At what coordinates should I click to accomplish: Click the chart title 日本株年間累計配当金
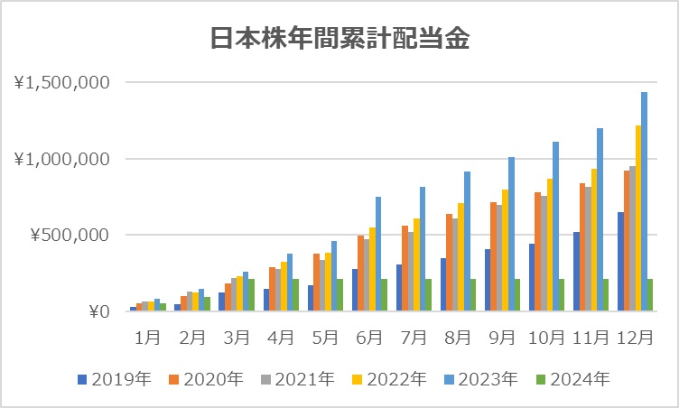(339, 39)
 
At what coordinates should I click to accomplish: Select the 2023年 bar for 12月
(644, 201)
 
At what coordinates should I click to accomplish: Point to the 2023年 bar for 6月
(378, 254)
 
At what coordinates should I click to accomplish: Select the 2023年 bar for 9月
(511, 234)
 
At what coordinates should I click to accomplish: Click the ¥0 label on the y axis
(97, 312)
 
